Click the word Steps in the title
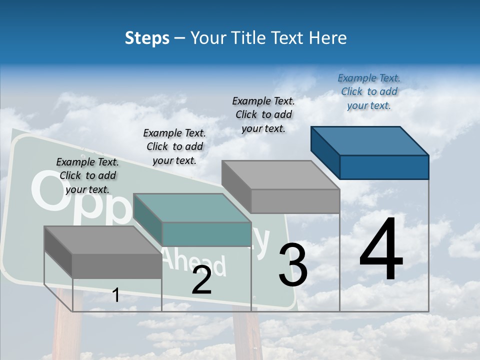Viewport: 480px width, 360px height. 147,38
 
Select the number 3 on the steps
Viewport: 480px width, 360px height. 293,265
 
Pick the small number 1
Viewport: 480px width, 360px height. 116,295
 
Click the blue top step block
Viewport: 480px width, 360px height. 370,152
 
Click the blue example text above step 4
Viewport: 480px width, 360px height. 369,91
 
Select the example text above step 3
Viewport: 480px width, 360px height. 263,114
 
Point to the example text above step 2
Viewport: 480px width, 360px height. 174,146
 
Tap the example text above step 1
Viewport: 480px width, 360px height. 87,175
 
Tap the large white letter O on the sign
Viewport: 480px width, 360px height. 48,192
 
